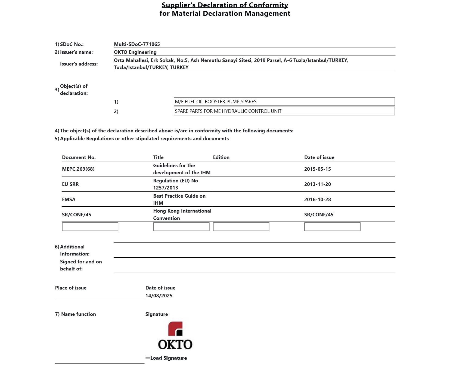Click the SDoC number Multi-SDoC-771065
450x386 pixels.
[137, 44]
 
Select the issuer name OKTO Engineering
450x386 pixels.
[135, 52]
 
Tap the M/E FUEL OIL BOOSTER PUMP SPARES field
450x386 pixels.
[284, 101]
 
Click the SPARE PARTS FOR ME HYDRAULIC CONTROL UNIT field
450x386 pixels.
[284, 111]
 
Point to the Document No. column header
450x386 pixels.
[79, 157]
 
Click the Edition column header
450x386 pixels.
[221, 157]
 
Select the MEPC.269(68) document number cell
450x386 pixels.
[78, 169]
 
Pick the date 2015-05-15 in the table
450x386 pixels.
[317, 169]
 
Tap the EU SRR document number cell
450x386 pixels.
[70, 184]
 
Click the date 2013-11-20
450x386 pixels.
[317, 184]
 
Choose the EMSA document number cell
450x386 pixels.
[69, 199]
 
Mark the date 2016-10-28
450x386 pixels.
[317, 199]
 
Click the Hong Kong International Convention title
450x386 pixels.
[182, 214]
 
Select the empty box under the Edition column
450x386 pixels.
[241, 227]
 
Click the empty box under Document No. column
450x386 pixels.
[90, 227]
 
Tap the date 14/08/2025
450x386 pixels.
[159, 295]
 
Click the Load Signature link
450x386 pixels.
[168, 358]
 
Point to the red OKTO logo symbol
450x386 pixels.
[175, 329]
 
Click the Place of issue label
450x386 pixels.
[71, 288]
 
